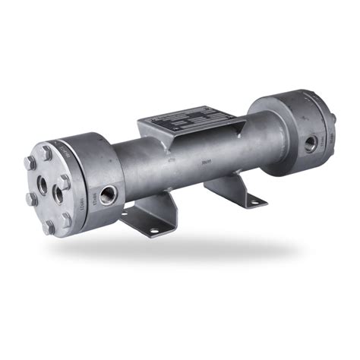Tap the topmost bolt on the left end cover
(x=47, y=151)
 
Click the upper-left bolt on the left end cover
(x=30, y=163)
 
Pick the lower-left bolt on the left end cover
(x=31, y=199)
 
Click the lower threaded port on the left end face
(x=58, y=194)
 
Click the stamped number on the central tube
(x=183, y=161)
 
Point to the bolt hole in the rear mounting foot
(x=254, y=200)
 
